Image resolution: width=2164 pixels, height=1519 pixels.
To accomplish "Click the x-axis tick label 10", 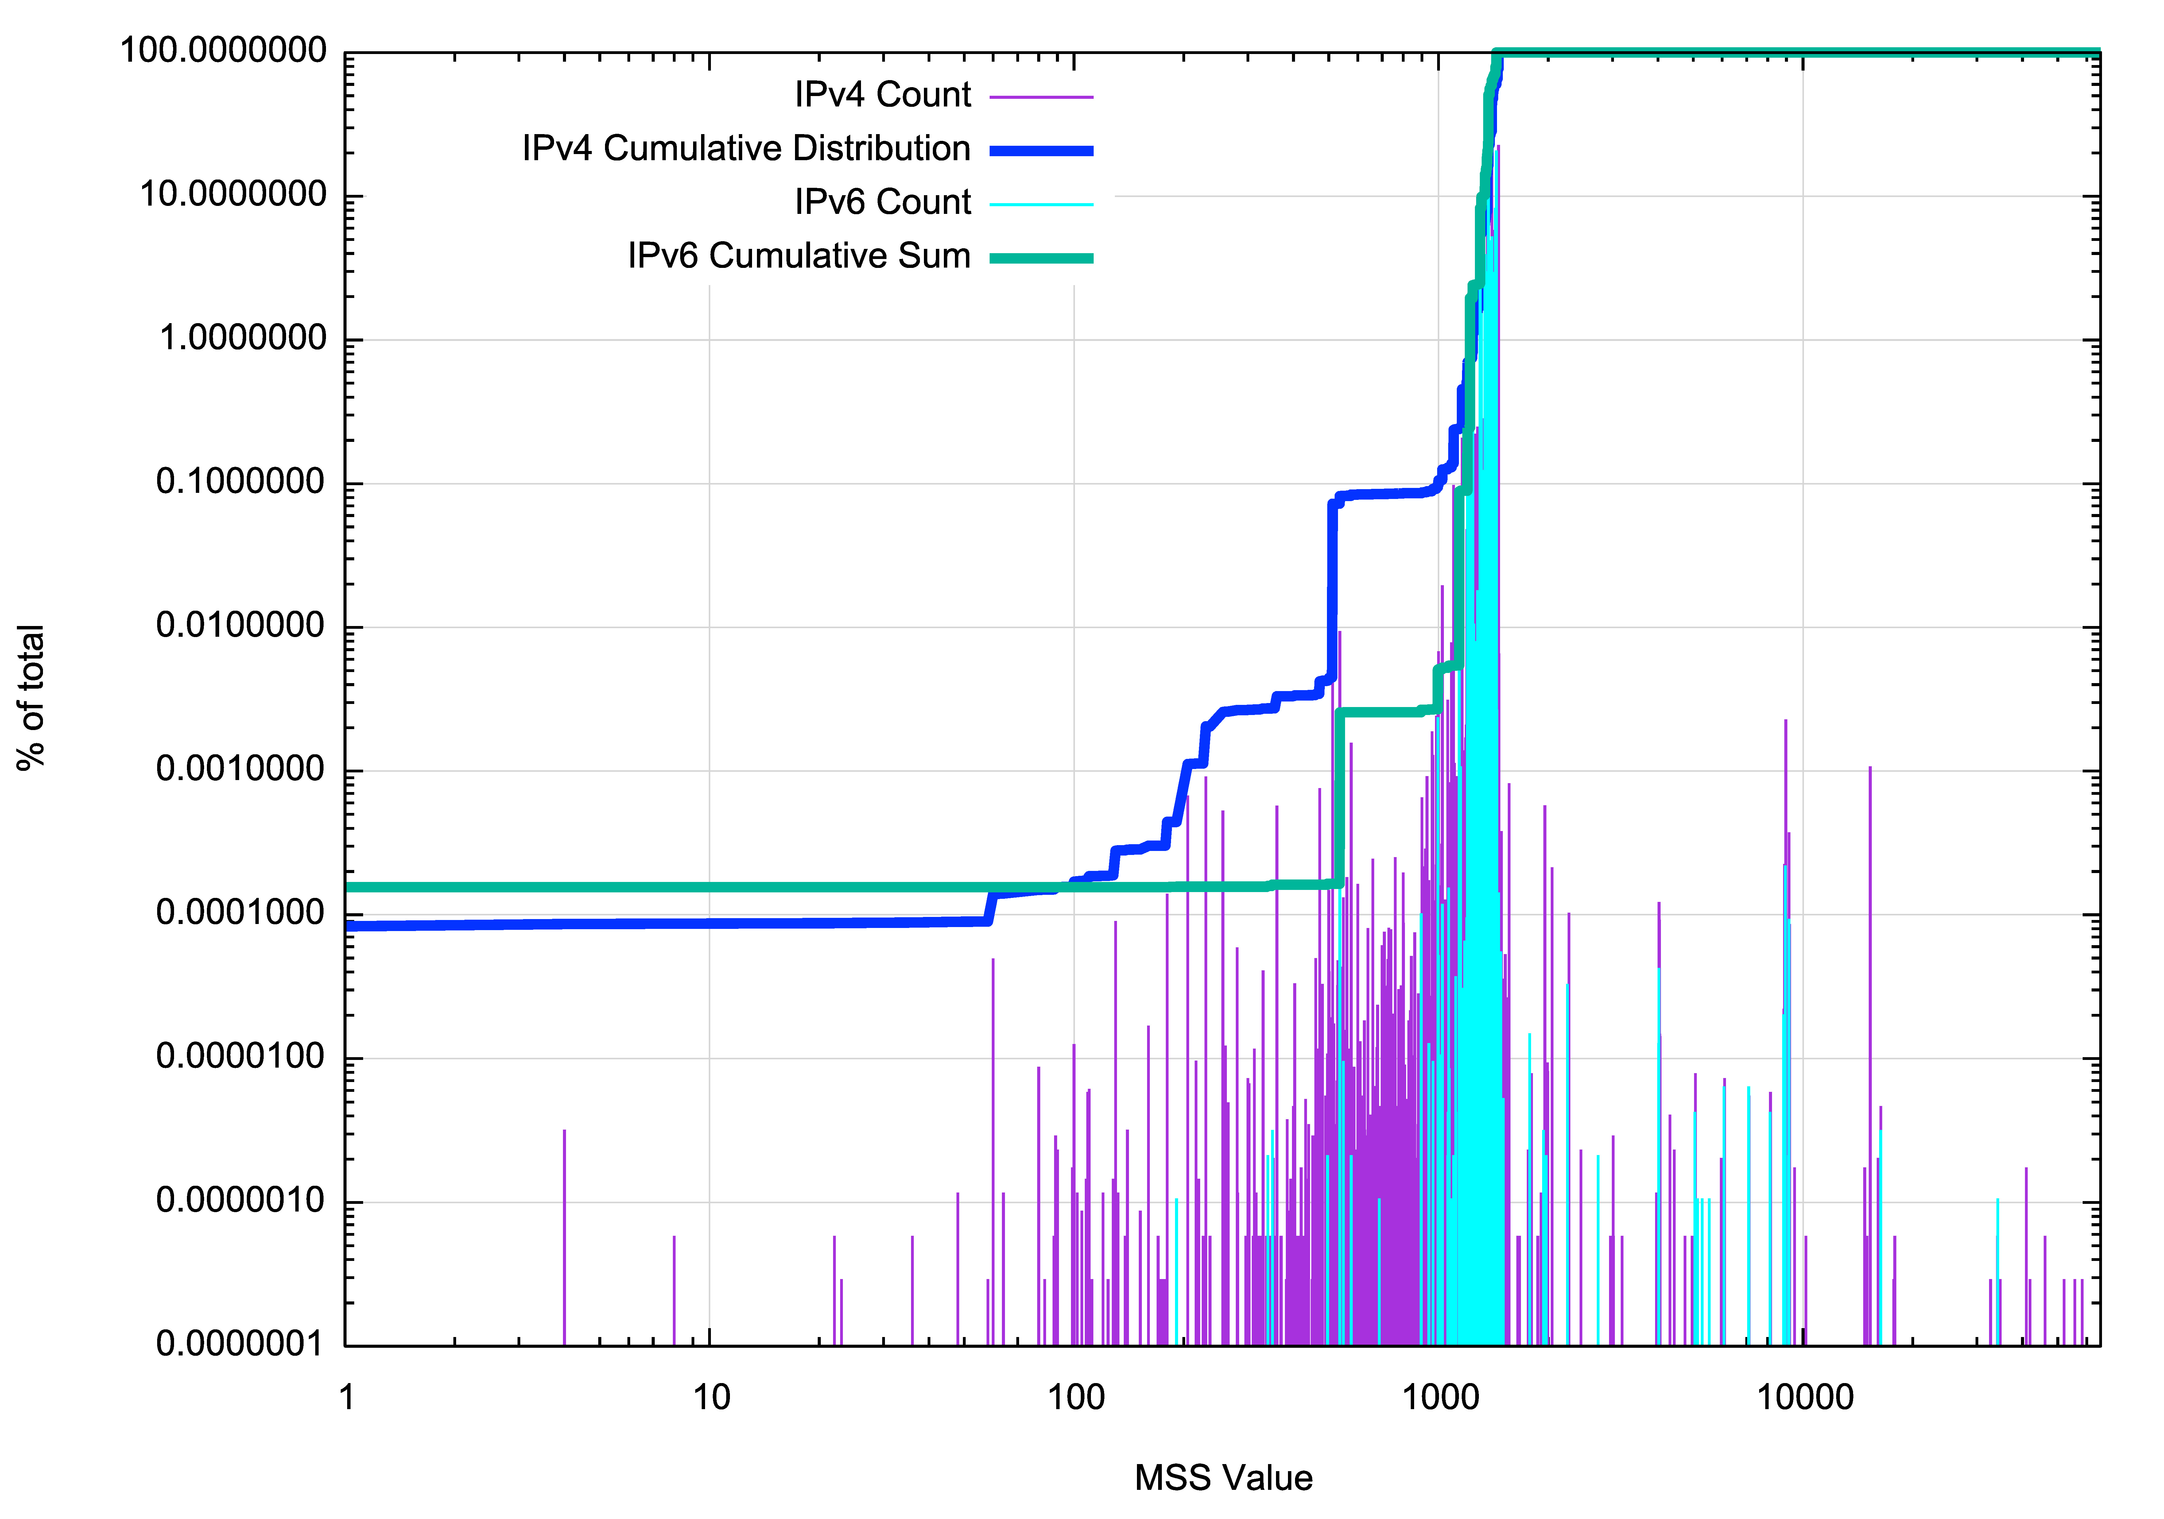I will pyautogui.click(x=712, y=1397).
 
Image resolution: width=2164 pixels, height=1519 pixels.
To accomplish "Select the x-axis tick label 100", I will pyautogui.click(x=1076, y=1397).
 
